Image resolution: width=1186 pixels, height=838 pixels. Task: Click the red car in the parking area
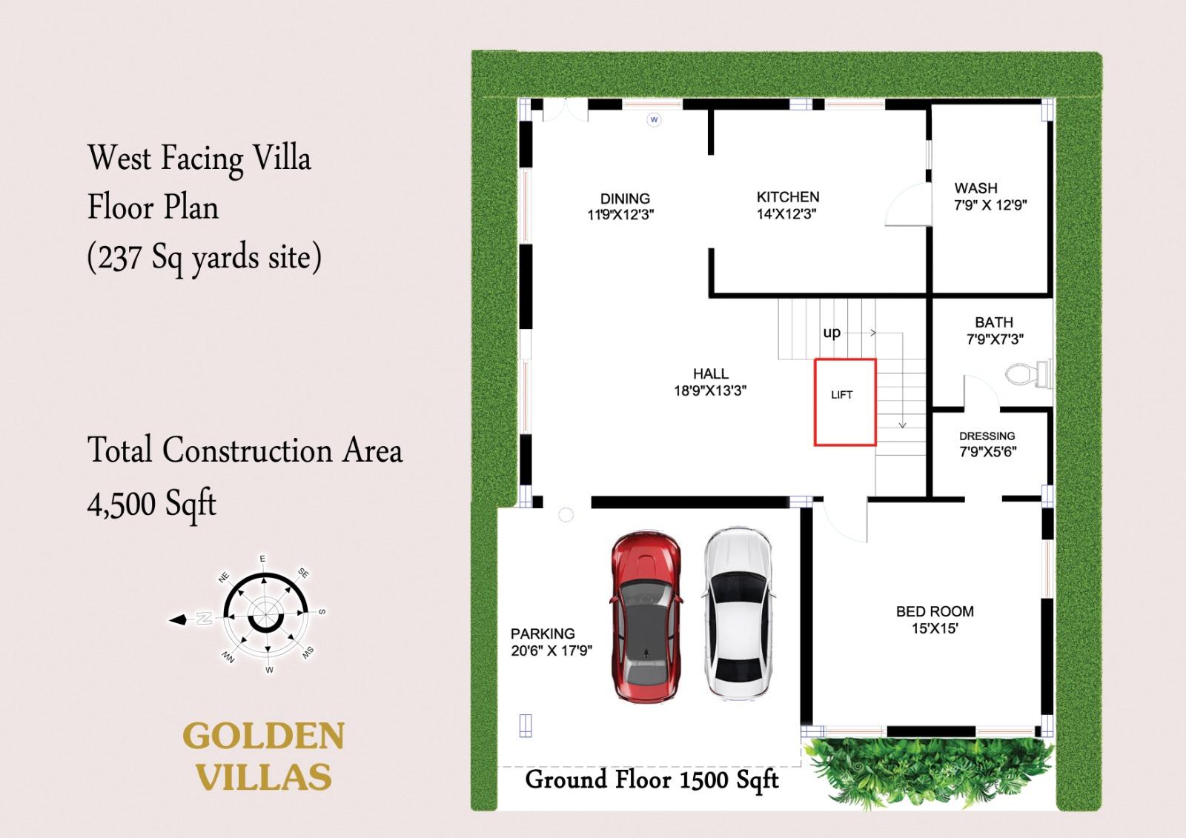[x=646, y=616]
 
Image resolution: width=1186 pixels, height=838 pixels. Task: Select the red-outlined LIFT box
[x=846, y=402]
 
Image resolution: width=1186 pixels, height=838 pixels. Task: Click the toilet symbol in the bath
[x=1028, y=374]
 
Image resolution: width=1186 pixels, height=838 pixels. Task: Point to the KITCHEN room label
[x=788, y=197]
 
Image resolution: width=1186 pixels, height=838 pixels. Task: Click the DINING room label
[x=625, y=199]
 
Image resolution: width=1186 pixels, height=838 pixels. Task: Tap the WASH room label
[x=975, y=188]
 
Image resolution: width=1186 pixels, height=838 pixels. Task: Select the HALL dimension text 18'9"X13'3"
[x=710, y=390]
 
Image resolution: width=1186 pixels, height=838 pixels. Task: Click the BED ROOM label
[x=935, y=611]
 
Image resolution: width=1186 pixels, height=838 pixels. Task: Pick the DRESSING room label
[x=987, y=436]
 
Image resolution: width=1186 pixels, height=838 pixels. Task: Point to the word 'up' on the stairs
[x=832, y=333]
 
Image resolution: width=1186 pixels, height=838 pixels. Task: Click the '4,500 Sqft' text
[x=152, y=502]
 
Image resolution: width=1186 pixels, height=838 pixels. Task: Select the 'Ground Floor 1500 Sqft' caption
[x=652, y=780]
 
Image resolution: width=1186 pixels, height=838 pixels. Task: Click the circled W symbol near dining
[x=654, y=119]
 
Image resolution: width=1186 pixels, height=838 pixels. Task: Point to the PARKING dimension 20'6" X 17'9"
[x=551, y=651]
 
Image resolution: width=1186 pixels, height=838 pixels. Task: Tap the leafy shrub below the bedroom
[x=927, y=772]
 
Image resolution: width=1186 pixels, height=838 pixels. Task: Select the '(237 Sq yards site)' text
[x=205, y=258]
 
